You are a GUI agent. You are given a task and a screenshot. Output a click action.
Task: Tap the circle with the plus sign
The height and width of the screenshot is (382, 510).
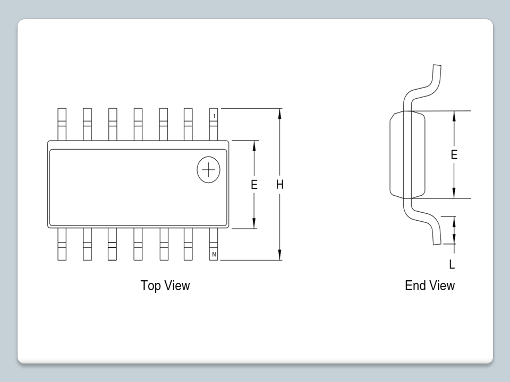209,170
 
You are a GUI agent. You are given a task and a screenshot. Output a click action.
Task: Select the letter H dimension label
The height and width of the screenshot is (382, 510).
280,185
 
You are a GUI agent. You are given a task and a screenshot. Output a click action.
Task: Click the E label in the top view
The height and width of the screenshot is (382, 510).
254,185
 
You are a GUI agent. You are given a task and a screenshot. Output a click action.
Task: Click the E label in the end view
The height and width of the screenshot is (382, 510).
454,155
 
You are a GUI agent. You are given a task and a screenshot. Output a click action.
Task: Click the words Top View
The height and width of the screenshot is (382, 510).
165,285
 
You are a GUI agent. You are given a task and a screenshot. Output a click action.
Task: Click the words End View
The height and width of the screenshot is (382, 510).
430,285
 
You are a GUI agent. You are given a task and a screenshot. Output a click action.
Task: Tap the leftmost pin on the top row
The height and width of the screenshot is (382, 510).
62,124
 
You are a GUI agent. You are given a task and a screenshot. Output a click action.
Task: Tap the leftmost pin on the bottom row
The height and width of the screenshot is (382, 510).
62,245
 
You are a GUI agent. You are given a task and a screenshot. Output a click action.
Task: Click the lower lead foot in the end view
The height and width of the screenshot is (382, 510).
437,238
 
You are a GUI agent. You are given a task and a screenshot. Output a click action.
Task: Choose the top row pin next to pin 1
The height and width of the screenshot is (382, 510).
188,124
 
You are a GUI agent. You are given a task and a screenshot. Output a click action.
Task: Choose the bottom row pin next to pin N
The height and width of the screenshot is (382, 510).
188,245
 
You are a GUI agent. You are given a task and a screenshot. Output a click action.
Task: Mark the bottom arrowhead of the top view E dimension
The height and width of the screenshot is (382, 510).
254,225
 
